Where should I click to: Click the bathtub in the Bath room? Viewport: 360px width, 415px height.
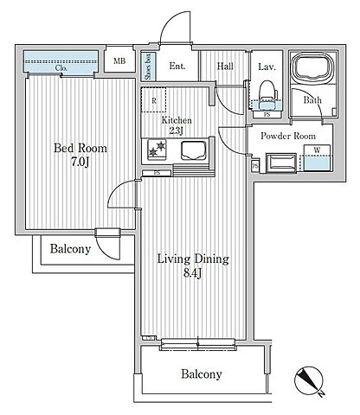(312, 67)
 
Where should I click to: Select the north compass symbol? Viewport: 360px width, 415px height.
(309, 381)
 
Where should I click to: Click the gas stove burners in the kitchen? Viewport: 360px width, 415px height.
(157, 150)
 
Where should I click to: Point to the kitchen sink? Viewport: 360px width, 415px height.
(193, 150)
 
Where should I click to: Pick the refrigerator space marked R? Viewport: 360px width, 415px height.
(154, 99)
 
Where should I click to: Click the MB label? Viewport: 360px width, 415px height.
(119, 61)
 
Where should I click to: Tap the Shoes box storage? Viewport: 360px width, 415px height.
(148, 67)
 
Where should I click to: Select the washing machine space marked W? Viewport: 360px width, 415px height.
(317, 157)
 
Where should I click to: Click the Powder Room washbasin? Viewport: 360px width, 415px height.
(281, 163)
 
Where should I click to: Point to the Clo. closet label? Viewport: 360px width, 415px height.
(61, 68)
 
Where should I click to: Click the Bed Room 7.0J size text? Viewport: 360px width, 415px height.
(80, 162)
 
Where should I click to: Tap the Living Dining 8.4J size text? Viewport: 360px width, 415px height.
(192, 272)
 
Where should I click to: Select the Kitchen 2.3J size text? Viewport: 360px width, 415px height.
(176, 131)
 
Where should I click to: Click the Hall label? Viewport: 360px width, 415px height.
(225, 67)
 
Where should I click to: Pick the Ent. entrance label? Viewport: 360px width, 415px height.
(177, 66)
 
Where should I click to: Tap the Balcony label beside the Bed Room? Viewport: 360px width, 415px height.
(70, 249)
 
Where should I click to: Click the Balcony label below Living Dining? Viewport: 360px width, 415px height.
(202, 374)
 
